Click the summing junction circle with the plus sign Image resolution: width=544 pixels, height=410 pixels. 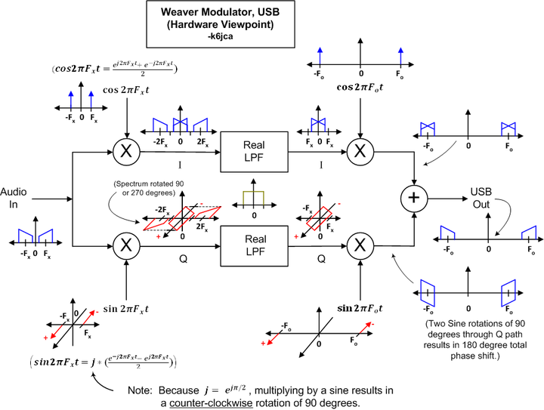coord(413,199)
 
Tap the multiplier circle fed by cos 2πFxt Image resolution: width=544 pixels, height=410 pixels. coord(127,151)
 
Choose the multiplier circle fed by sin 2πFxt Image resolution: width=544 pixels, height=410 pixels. coord(127,244)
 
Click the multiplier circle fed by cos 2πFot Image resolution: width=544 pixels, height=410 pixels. coord(360,151)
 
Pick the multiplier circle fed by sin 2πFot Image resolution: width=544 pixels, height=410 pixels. coord(360,244)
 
